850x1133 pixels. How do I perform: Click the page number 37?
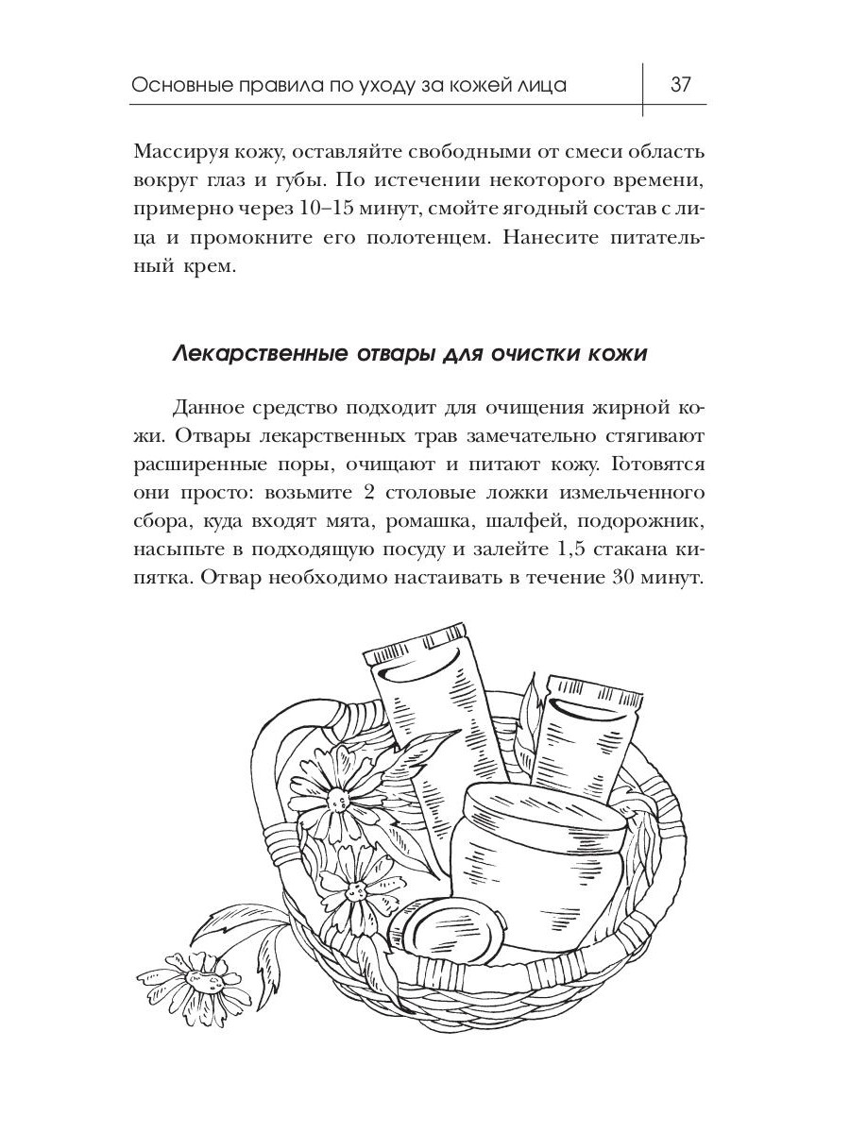pyautogui.click(x=681, y=84)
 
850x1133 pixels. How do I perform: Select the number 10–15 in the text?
pyautogui.click(x=333, y=209)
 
